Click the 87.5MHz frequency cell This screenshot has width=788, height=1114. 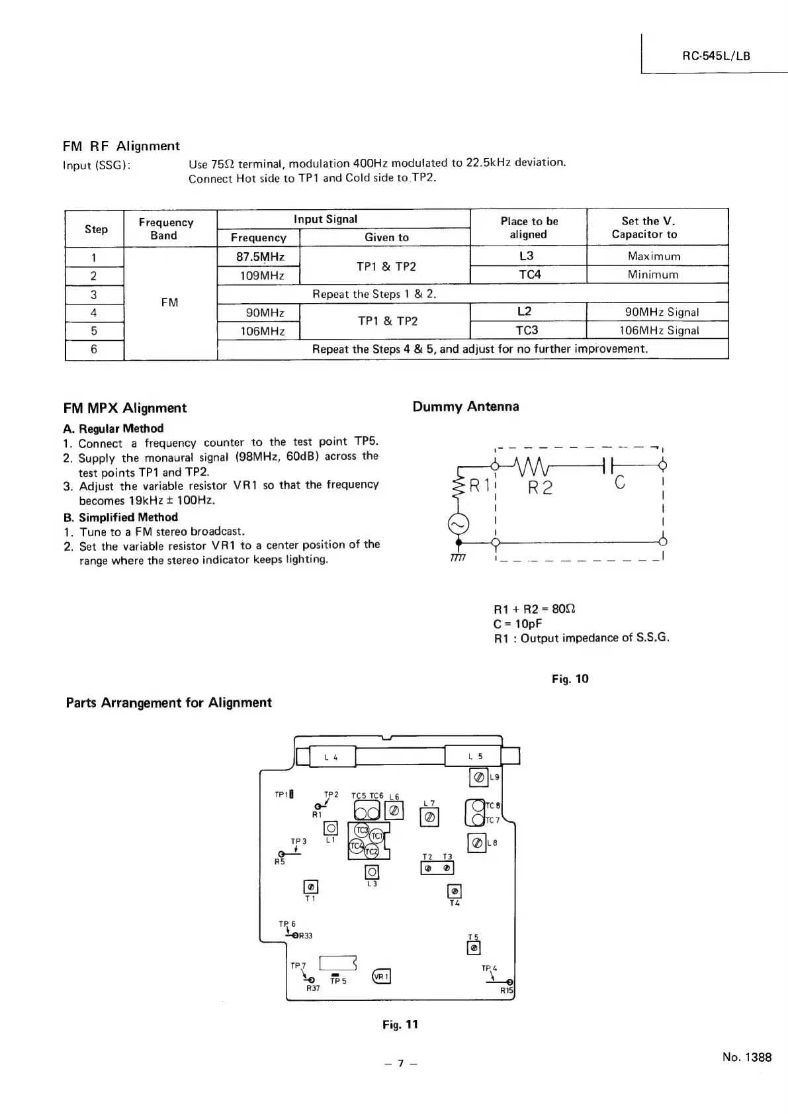point(259,256)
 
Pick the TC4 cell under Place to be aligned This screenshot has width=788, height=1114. point(529,274)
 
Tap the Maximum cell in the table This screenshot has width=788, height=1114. point(654,256)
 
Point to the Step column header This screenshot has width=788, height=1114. point(96,229)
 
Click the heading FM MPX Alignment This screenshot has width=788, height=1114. point(124,408)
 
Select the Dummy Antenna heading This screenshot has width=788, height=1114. point(465,406)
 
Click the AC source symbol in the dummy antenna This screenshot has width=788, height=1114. point(459,524)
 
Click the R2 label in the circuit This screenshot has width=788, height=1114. point(540,488)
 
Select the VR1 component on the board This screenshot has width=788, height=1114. point(382,976)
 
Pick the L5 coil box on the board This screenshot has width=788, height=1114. point(474,756)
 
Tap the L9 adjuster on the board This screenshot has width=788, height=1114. point(478,777)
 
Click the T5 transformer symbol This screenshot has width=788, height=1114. point(473,949)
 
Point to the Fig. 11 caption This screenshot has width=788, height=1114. point(400,1025)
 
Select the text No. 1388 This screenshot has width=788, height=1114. point(747,1057)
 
